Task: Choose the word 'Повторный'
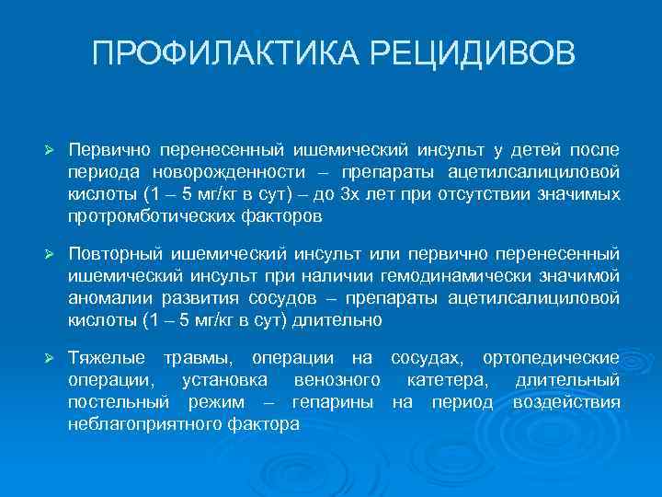pyautogui.click(x=113, y=252)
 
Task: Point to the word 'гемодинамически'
pyautogui.click(x=462, y=275)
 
